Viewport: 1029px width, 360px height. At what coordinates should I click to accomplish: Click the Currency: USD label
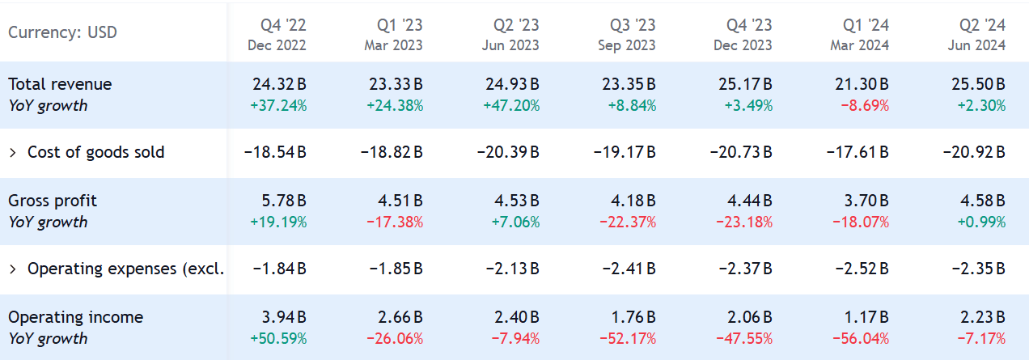62,32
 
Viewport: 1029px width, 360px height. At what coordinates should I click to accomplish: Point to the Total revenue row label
60,84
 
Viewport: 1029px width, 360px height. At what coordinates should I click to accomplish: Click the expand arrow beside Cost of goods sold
13,152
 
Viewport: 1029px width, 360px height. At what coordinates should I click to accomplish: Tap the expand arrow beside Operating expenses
13,269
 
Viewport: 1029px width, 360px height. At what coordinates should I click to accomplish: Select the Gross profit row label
53,201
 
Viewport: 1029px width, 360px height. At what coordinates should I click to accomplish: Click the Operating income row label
75,317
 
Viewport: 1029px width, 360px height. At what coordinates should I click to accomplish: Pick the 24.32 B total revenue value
279,84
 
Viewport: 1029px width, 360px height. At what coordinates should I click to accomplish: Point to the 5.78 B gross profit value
284,201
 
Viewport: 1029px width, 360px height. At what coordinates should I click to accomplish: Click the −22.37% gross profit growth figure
628,222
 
